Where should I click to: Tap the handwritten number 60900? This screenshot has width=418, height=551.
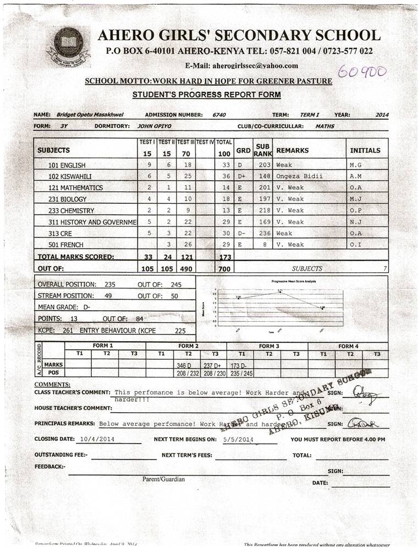click(362, 72)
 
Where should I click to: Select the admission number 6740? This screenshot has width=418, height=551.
click(219, 115)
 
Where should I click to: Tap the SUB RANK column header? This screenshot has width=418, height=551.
click(262, 150)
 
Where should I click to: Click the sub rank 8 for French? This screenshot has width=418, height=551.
click(262, 245)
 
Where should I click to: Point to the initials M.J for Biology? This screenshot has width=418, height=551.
click(355, 199)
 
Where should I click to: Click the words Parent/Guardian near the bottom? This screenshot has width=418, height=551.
click(163, 479)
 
